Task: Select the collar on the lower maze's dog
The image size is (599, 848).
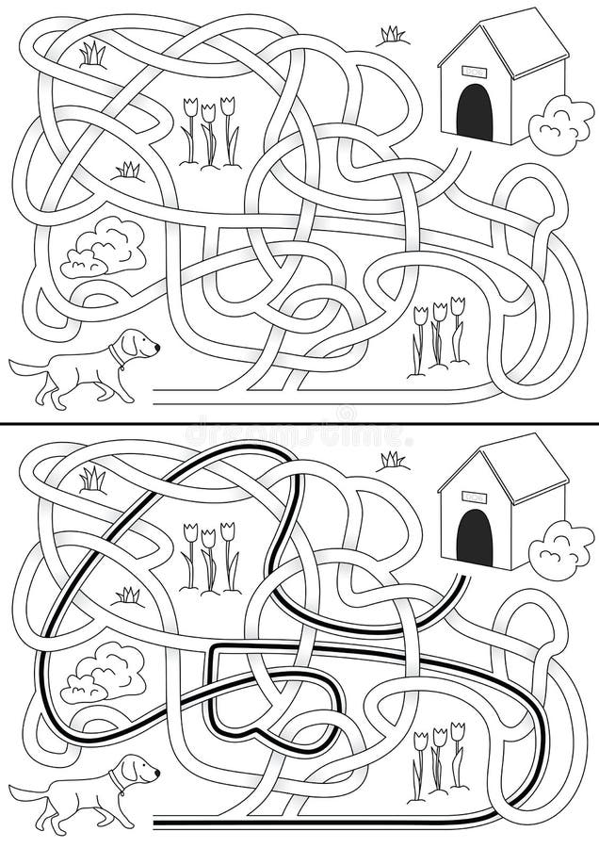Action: pyautogui.click(x=116, y=780)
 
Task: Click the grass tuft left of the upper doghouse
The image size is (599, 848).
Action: pyautogui.click(x=392, y=36)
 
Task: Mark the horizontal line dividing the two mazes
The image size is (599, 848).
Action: pyautogui.click(x=299, y=423)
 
